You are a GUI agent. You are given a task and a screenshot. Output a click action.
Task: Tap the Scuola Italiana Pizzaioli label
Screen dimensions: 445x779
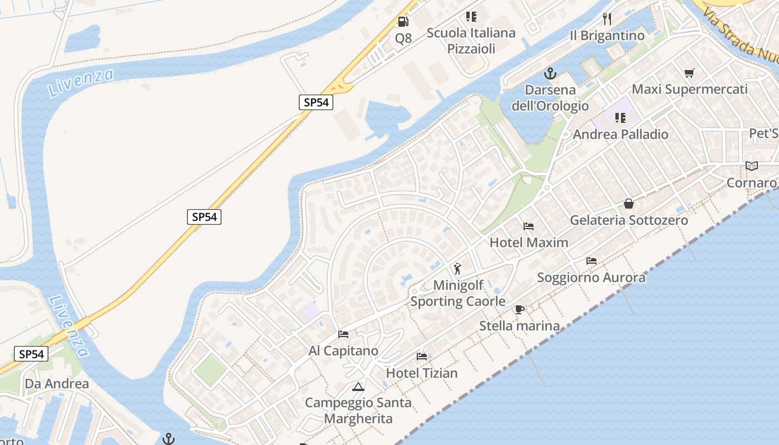click(x=471, y=41)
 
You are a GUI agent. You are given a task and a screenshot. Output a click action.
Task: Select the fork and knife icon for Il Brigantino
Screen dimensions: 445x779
click(x=607, y=19)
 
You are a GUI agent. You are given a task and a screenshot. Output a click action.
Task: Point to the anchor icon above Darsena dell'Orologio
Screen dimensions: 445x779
click(x=550, y=73)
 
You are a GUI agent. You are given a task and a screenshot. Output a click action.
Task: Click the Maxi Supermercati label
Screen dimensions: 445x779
click(x=689, y=90)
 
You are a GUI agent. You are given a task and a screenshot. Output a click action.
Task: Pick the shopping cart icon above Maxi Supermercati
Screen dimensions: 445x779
click(x=689, y=73)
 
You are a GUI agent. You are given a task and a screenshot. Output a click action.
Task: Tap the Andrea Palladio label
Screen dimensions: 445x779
click(x=620, y=134)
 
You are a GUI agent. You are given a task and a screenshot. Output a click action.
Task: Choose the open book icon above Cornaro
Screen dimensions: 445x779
click(x=752, y=166)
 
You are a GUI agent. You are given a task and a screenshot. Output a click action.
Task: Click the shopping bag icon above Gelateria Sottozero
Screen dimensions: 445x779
click(x=629, y=204)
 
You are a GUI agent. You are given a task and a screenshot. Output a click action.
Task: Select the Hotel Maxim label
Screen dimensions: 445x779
click(x=529, y=243)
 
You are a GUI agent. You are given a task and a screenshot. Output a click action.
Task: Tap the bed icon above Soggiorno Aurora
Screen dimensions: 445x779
click(x=591, y=260)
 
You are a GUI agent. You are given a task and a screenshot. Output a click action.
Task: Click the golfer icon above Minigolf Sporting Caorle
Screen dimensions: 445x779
click(x=457, y=269)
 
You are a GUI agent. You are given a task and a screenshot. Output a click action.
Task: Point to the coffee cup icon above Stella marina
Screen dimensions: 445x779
click(x=519, y=309)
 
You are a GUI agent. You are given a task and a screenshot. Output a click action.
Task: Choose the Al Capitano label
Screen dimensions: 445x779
click(x=343, y=351)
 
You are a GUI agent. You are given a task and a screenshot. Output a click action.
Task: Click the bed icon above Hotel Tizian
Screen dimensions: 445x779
click(x=422, y=356)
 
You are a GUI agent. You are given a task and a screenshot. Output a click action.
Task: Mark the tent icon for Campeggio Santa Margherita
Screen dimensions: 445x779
click(x=358, y=386)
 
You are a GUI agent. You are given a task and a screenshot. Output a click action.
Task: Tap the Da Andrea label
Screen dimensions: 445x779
click(x=57, y=384)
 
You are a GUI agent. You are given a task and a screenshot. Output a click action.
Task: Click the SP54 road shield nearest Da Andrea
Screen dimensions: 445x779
click(x=31, y=354)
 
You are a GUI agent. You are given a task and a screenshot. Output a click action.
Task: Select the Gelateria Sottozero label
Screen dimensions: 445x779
click(x=629, y=220)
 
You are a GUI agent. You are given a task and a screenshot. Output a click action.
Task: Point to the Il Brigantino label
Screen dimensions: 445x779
click(x=607, y=36)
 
